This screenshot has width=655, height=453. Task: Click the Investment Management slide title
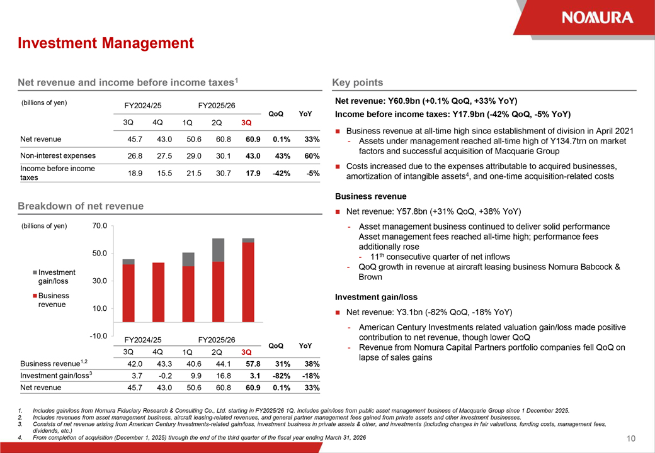[x=106, y=43]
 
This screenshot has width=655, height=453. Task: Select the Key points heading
[x=357, y=82]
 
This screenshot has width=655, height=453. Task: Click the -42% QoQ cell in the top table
[x=281, y=173]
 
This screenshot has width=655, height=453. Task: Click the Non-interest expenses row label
[x=58, y=155]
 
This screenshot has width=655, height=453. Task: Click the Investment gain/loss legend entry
[x=57, y=277]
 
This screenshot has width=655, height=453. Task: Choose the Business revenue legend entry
[x=54, y=300]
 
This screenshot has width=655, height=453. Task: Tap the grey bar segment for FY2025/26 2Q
[x=218, y=250]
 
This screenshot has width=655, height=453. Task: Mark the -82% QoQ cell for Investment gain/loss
[x=281, y=376]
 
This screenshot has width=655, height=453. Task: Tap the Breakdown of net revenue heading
[x=81, y=206]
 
